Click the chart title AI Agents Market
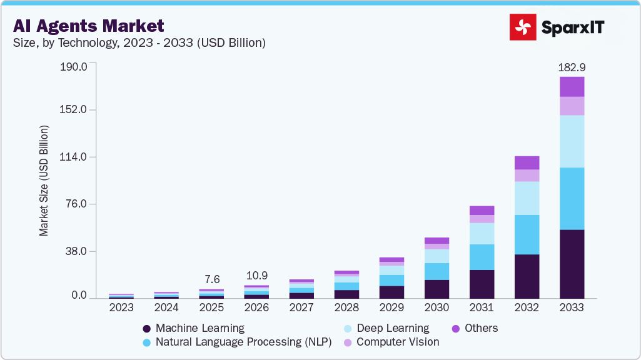coord(88,26)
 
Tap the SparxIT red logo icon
coord(523,27)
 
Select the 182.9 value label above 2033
coord(572,67)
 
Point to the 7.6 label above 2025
coord(211,279)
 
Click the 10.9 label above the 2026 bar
coord(256,275)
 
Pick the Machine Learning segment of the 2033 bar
coord(572,264)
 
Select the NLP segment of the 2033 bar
coord(572,198)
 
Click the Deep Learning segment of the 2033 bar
coord(572,141)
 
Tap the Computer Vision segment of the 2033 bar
coord(572,106)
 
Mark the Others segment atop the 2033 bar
coord(572,86)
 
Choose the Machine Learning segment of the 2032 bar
coord(527,276)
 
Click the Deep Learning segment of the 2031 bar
coord(482,233)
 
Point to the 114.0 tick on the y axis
coord(73,157)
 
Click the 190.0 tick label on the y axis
coord(73,66)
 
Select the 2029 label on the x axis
coord(391,307)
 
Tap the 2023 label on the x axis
coord(121,307)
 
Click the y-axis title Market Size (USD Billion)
coord(44,181)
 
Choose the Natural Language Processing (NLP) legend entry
coord(238,342)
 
